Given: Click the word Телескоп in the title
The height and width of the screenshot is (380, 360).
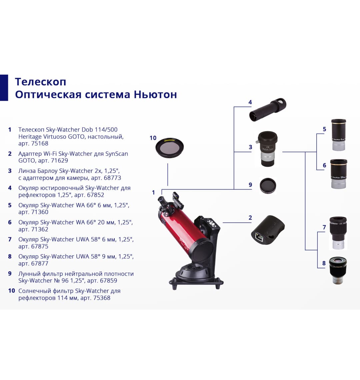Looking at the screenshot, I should click(x=40, y=82).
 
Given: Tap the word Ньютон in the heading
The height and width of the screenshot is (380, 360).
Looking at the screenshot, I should click(x=155, y=95).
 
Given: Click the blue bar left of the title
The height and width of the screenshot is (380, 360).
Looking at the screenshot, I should click(x=4, y=88).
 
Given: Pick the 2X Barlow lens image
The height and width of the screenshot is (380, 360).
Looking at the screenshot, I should click(x=267, y=148).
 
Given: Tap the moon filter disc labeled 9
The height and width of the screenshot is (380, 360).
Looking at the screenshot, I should click(x=268, y=186).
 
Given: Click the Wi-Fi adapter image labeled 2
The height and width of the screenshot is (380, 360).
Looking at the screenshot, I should click(x=268, y=230).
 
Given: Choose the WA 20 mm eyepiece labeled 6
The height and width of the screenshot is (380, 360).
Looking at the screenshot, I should click(x=338, y=174).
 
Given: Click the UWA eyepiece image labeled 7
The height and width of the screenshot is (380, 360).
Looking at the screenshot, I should click(x=338, y=232).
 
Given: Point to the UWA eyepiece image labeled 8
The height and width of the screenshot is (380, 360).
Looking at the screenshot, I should click(x=338, y=270).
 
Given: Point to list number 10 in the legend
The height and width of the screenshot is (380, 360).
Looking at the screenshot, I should click(x=12, y=291).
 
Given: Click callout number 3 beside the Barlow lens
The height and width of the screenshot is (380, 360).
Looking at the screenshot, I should click(x=250, y=147).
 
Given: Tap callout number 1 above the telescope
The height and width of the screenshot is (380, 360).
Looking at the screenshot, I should click(x=153, y=192).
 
